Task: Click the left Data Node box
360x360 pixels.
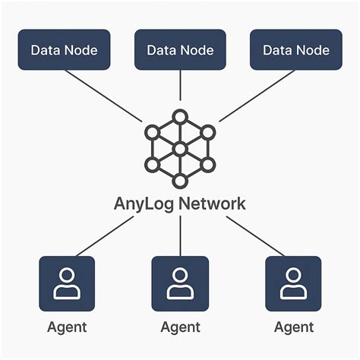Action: point(64,50)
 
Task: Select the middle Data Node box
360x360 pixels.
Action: point(180,50)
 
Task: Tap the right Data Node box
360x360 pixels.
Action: point(295,50)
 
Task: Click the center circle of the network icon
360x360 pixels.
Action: point(180,149)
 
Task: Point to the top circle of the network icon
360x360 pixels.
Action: point(180,117)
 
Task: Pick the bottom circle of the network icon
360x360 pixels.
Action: point(180,181)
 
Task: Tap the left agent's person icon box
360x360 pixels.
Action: point(67,283)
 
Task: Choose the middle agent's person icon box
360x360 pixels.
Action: point(180,283)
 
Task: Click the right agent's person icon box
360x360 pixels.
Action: point(293,283)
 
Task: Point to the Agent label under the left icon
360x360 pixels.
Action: point(67,328)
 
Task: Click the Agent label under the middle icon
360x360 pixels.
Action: point(180,328)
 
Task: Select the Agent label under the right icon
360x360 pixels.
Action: point(293,328)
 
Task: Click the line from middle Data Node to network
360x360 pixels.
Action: point(180,90)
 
